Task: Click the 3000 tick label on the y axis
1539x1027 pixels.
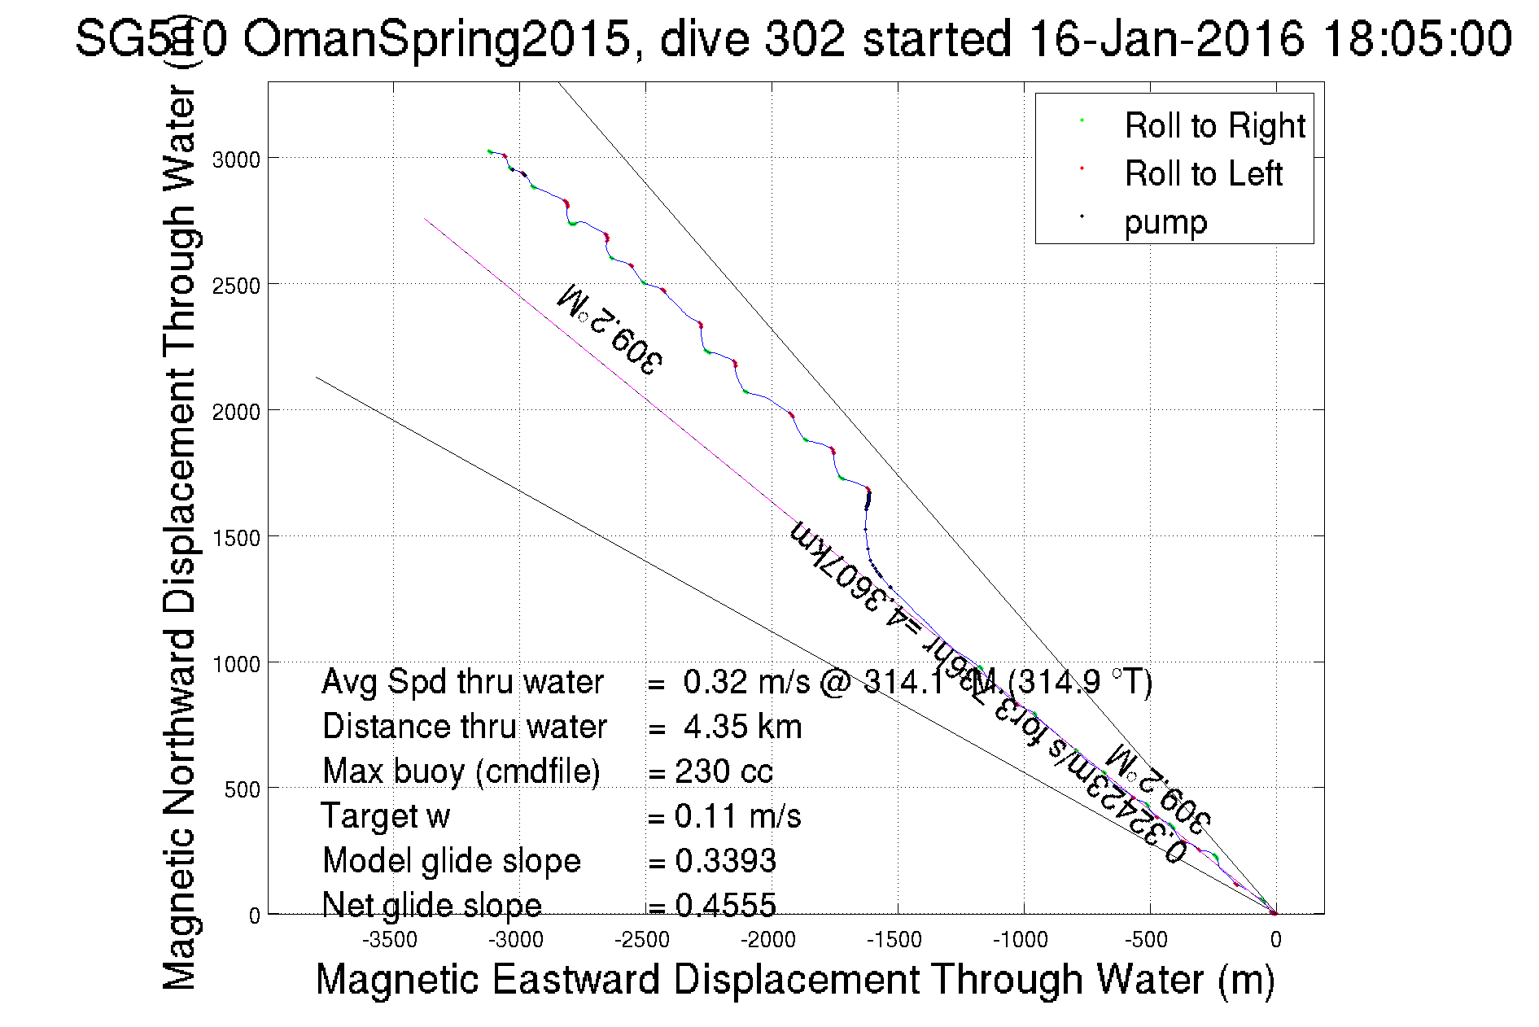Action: point(236,160)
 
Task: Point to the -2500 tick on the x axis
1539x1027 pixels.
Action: point(642,940)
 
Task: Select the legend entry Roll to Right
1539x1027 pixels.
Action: point(1214,126)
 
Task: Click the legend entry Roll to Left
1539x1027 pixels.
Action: point(1203,174)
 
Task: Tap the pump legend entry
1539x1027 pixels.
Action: point(1165,222)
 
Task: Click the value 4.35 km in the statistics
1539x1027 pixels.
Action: point(742,727)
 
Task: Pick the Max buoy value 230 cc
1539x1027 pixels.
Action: point(724,771)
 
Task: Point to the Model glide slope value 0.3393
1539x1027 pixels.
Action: point(725,861)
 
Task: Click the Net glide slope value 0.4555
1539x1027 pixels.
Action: point(725,905)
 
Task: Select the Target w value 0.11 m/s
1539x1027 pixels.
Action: point(737,816)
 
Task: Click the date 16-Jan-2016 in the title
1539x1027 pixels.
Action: point(1165,38)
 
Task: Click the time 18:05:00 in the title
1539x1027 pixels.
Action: point(1417,38)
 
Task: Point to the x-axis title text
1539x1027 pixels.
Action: point(794,979)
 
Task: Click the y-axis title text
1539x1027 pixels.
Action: point(180,537)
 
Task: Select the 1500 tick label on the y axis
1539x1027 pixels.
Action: point(236,538)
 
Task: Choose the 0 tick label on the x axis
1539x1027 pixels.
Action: point(1275,940)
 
